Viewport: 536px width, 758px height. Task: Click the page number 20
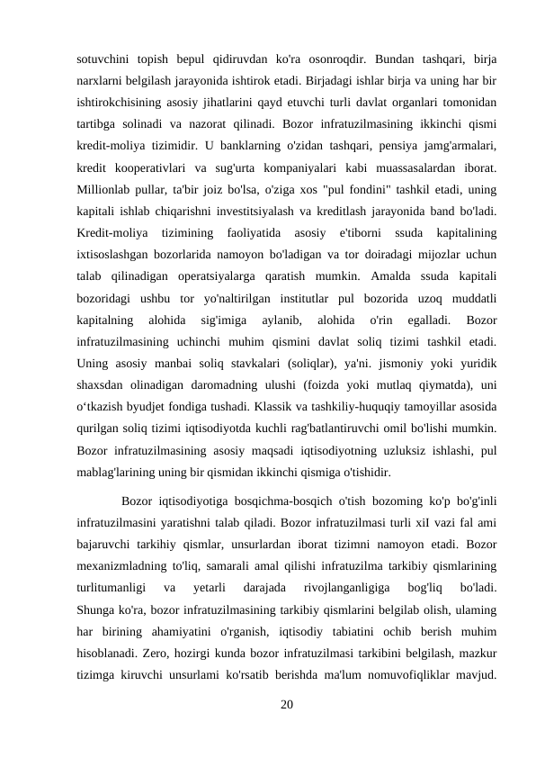286,703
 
